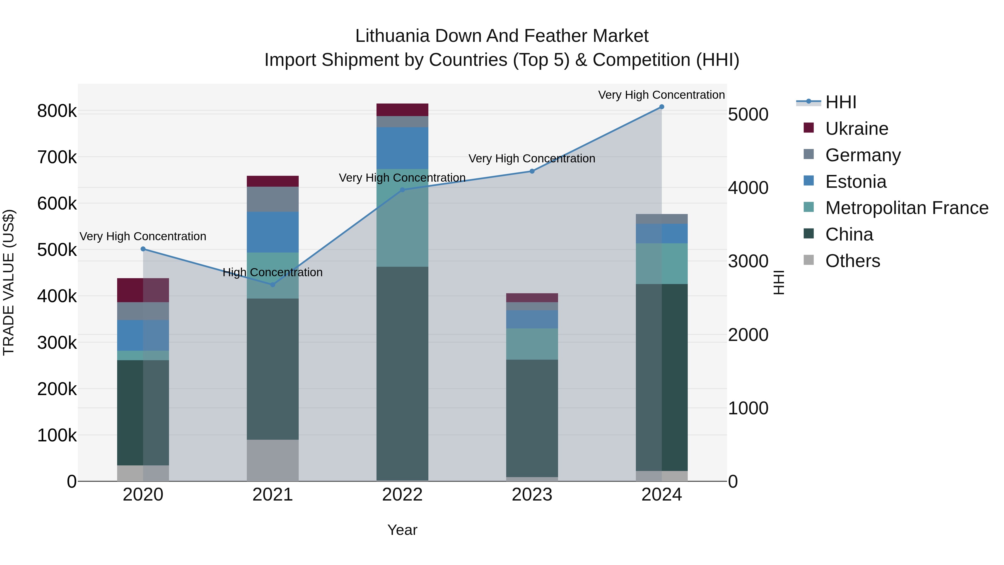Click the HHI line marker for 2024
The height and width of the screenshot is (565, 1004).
point(662,107)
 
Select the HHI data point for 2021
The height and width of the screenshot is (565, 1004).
point(273,285)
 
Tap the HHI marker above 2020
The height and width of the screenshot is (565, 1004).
point(143,249)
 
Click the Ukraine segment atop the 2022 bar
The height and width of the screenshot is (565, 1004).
point(402,110)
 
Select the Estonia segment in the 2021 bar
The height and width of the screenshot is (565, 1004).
point(273,232)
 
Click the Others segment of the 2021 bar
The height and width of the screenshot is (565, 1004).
point(273,460)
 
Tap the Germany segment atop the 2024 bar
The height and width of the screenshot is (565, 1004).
point(662,219)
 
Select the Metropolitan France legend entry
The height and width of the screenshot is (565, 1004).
point(907,208)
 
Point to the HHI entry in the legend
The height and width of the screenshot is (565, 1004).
point(841,102)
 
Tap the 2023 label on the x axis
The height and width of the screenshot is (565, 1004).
point(532,495)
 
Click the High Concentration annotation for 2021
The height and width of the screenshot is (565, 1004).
point(272,272)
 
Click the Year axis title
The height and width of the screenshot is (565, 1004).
point(402,530)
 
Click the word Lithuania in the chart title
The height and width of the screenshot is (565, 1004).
point(392,36)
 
